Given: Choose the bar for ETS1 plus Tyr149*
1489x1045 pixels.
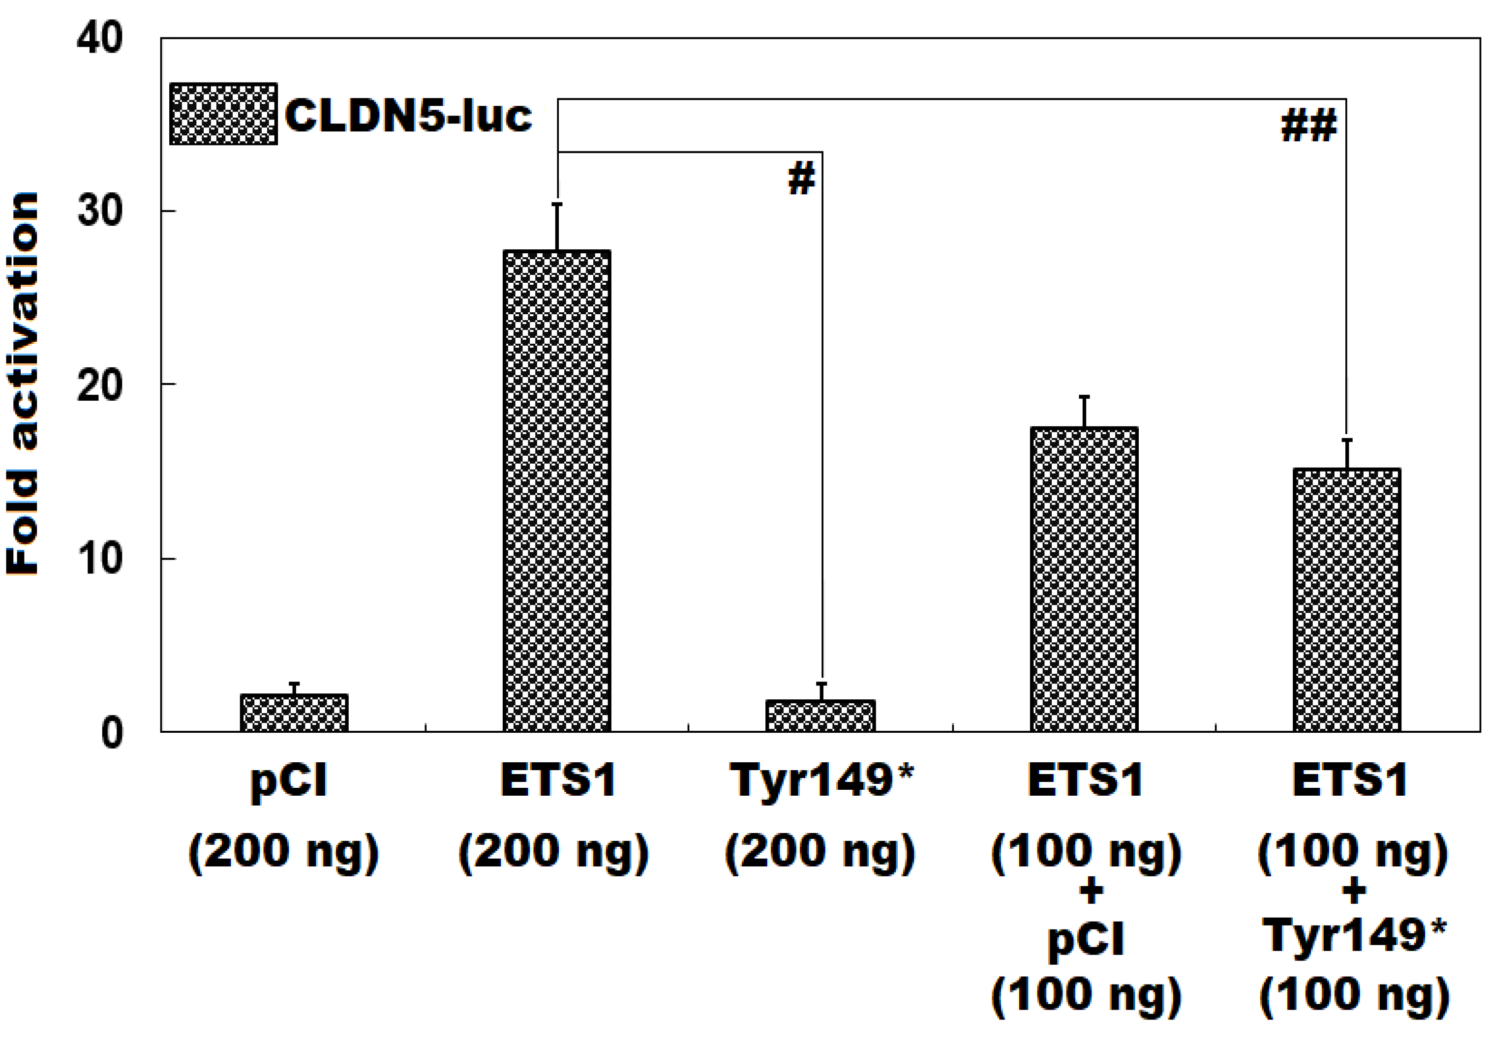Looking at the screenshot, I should pyautogui.click(x=1347, y=599).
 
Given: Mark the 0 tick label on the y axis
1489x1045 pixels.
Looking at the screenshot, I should pyautogui.click(x=112, y=733).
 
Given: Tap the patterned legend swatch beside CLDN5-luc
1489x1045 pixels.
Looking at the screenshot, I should pyautogui.click(x=223, y=114).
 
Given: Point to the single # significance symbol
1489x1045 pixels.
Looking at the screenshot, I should pyautogui.click(x=802, y=179).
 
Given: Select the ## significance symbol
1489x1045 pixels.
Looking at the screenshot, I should pyautogui.click(x=1308, y=126).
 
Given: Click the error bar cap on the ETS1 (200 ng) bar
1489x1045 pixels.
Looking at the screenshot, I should pyautogui.click(x=556, y=204).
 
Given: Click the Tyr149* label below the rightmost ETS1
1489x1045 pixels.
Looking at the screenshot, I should pyautogui.click(x=1354, y=936).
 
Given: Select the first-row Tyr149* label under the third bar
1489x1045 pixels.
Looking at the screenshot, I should pyautogui.click(x=821, y=780).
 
